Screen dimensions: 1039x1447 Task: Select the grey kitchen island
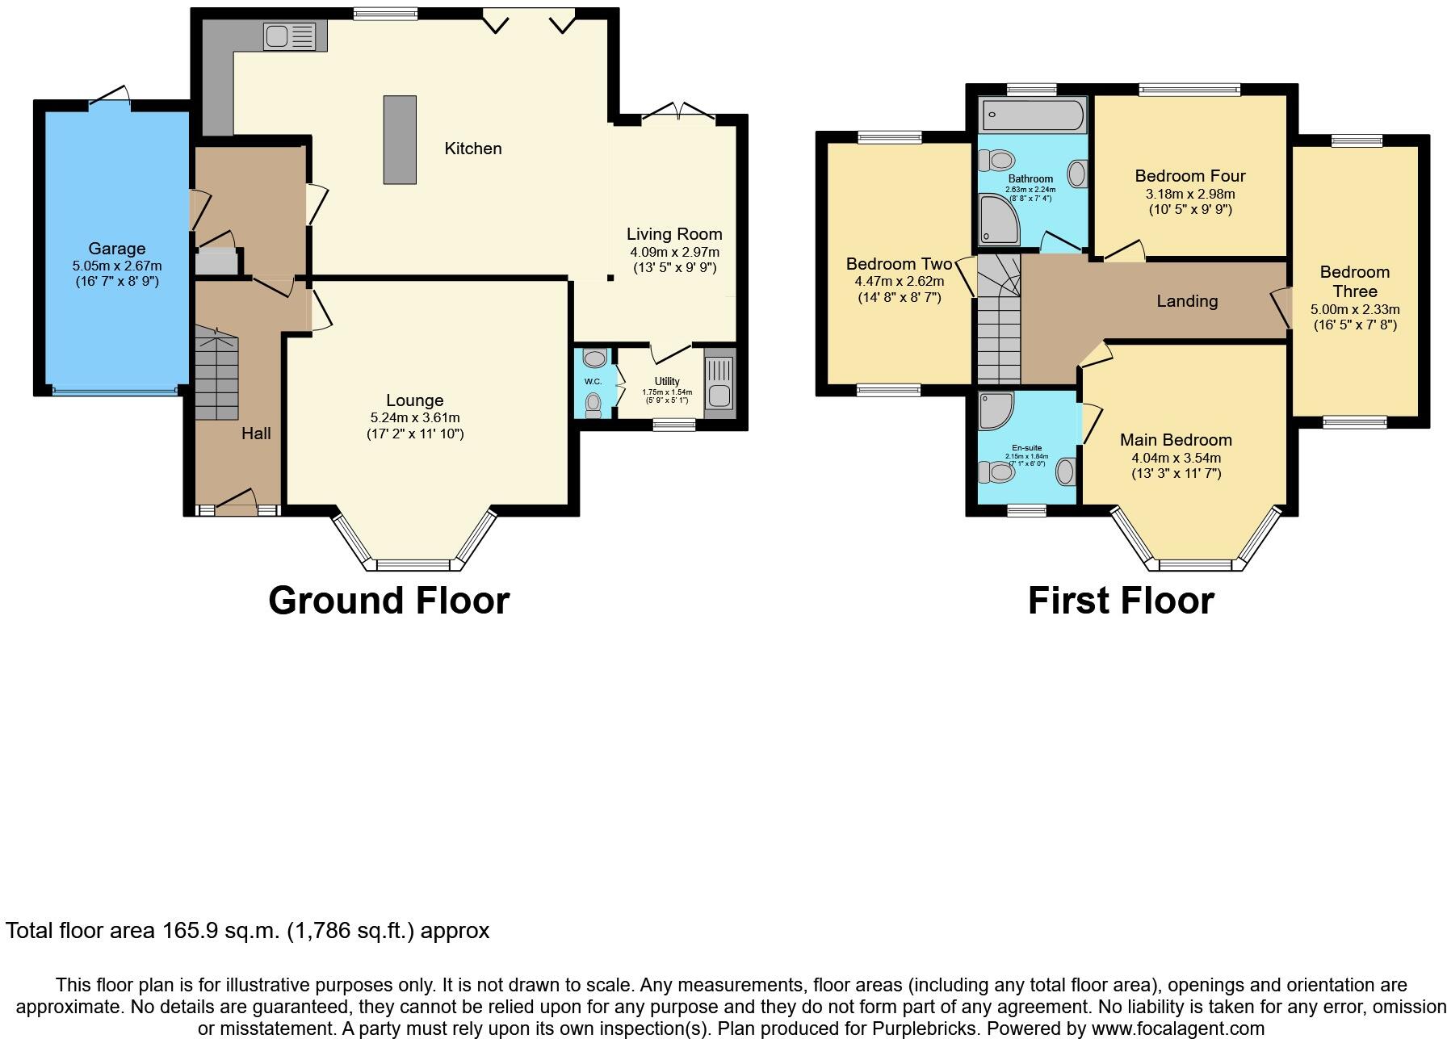click(400, 140)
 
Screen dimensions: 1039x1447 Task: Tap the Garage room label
click(117, 249)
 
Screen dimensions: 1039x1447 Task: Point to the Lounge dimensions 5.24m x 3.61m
click(414, 417)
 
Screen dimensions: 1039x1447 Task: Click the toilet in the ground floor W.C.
click(593, 404)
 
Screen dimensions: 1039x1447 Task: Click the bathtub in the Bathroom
click(1032, 115)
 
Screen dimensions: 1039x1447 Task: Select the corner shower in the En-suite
click(995, 411)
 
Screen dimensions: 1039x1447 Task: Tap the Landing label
click(1186, 301)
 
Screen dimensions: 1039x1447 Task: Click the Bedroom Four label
click(1189, 176)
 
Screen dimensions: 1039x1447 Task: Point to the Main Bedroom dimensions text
click(1176, 466)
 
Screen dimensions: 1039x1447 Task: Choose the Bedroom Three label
click(1354, 282)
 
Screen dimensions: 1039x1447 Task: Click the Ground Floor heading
click(388, 601)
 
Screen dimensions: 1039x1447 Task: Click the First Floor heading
click(1120, 601)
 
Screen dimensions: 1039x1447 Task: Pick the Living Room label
click(674, 234)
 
